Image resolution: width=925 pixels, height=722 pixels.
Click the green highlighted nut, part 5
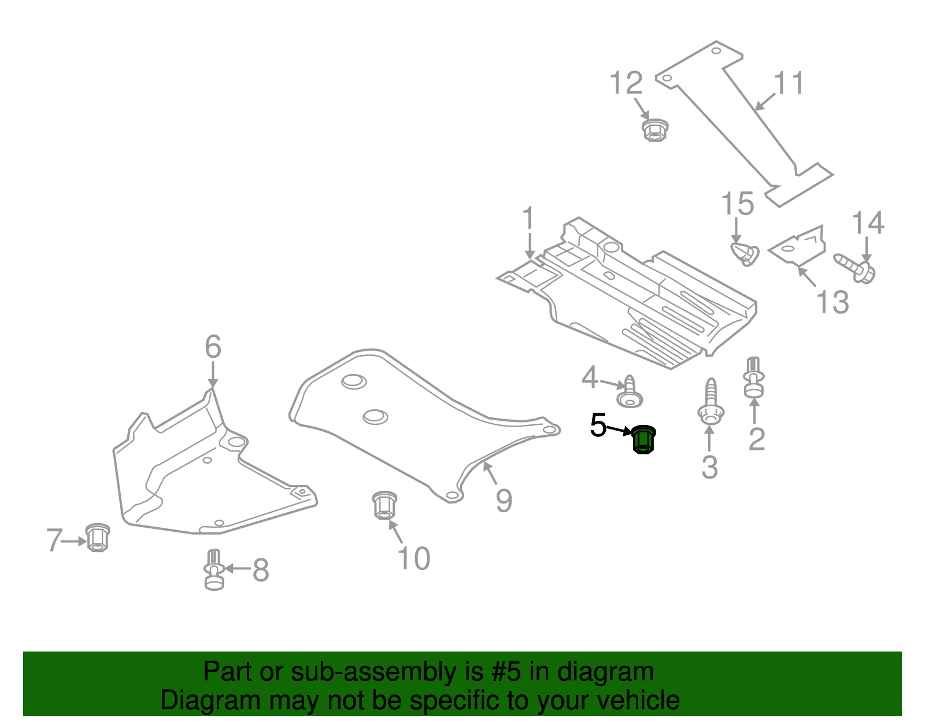(x=643, y=440)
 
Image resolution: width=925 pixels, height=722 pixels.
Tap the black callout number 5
(x=598, y=426)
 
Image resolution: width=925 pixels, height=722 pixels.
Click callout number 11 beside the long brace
(x=789, y=84)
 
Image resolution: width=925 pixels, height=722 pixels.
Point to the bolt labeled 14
(x=856, y=268)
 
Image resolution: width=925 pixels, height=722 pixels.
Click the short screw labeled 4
(x=630, y=394)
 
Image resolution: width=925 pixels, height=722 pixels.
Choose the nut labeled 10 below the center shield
(x=384, y=505)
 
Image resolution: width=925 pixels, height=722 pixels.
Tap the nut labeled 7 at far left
(x=98, y=537)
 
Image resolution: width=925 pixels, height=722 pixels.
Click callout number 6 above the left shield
(x=213, y=347)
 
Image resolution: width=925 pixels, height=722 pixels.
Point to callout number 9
(x=504, y=500)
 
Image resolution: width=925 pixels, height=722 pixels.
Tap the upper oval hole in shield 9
(x=354, y=381)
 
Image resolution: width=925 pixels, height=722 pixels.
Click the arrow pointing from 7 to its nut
(x=74, y=542)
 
